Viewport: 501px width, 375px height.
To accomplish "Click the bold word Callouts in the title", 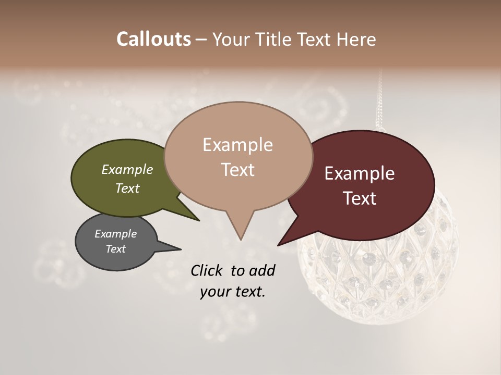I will tap(153, 39).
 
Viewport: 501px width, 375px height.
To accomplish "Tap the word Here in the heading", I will tap(356, 40).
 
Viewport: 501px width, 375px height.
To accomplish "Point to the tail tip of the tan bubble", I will tap(241, 240).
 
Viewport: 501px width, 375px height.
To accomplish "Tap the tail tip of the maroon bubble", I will tap(279, 245).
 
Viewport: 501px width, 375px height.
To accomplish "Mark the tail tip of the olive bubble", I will tap(199, 220).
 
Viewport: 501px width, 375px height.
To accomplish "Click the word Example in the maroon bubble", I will tap(360, 173).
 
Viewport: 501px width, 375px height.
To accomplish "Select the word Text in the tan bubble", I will tap(238, 170).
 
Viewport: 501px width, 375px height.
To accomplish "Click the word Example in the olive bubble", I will tap(127, 169).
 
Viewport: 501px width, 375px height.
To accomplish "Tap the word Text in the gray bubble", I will tap(116, 249).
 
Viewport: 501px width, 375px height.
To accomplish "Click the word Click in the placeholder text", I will tap(208, 270).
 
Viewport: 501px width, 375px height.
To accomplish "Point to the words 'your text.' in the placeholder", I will tap(233, 292).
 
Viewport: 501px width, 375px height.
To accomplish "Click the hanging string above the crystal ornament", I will tap(379, 104).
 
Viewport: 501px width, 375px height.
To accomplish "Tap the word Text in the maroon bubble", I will tap(360, 198).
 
